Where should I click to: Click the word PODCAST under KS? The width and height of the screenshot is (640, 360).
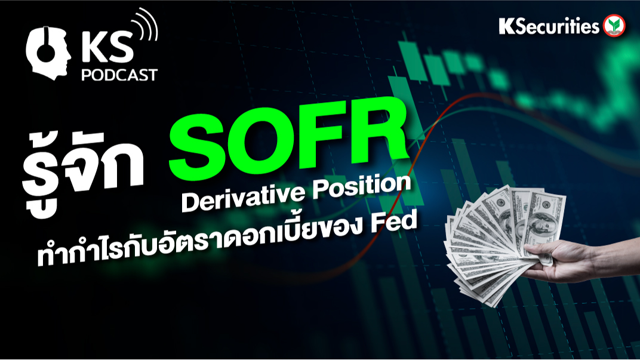tap(120, 75)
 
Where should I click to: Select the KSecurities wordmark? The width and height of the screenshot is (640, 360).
tap(549, 26)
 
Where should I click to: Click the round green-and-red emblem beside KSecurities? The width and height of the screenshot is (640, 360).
tap(614, 26)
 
